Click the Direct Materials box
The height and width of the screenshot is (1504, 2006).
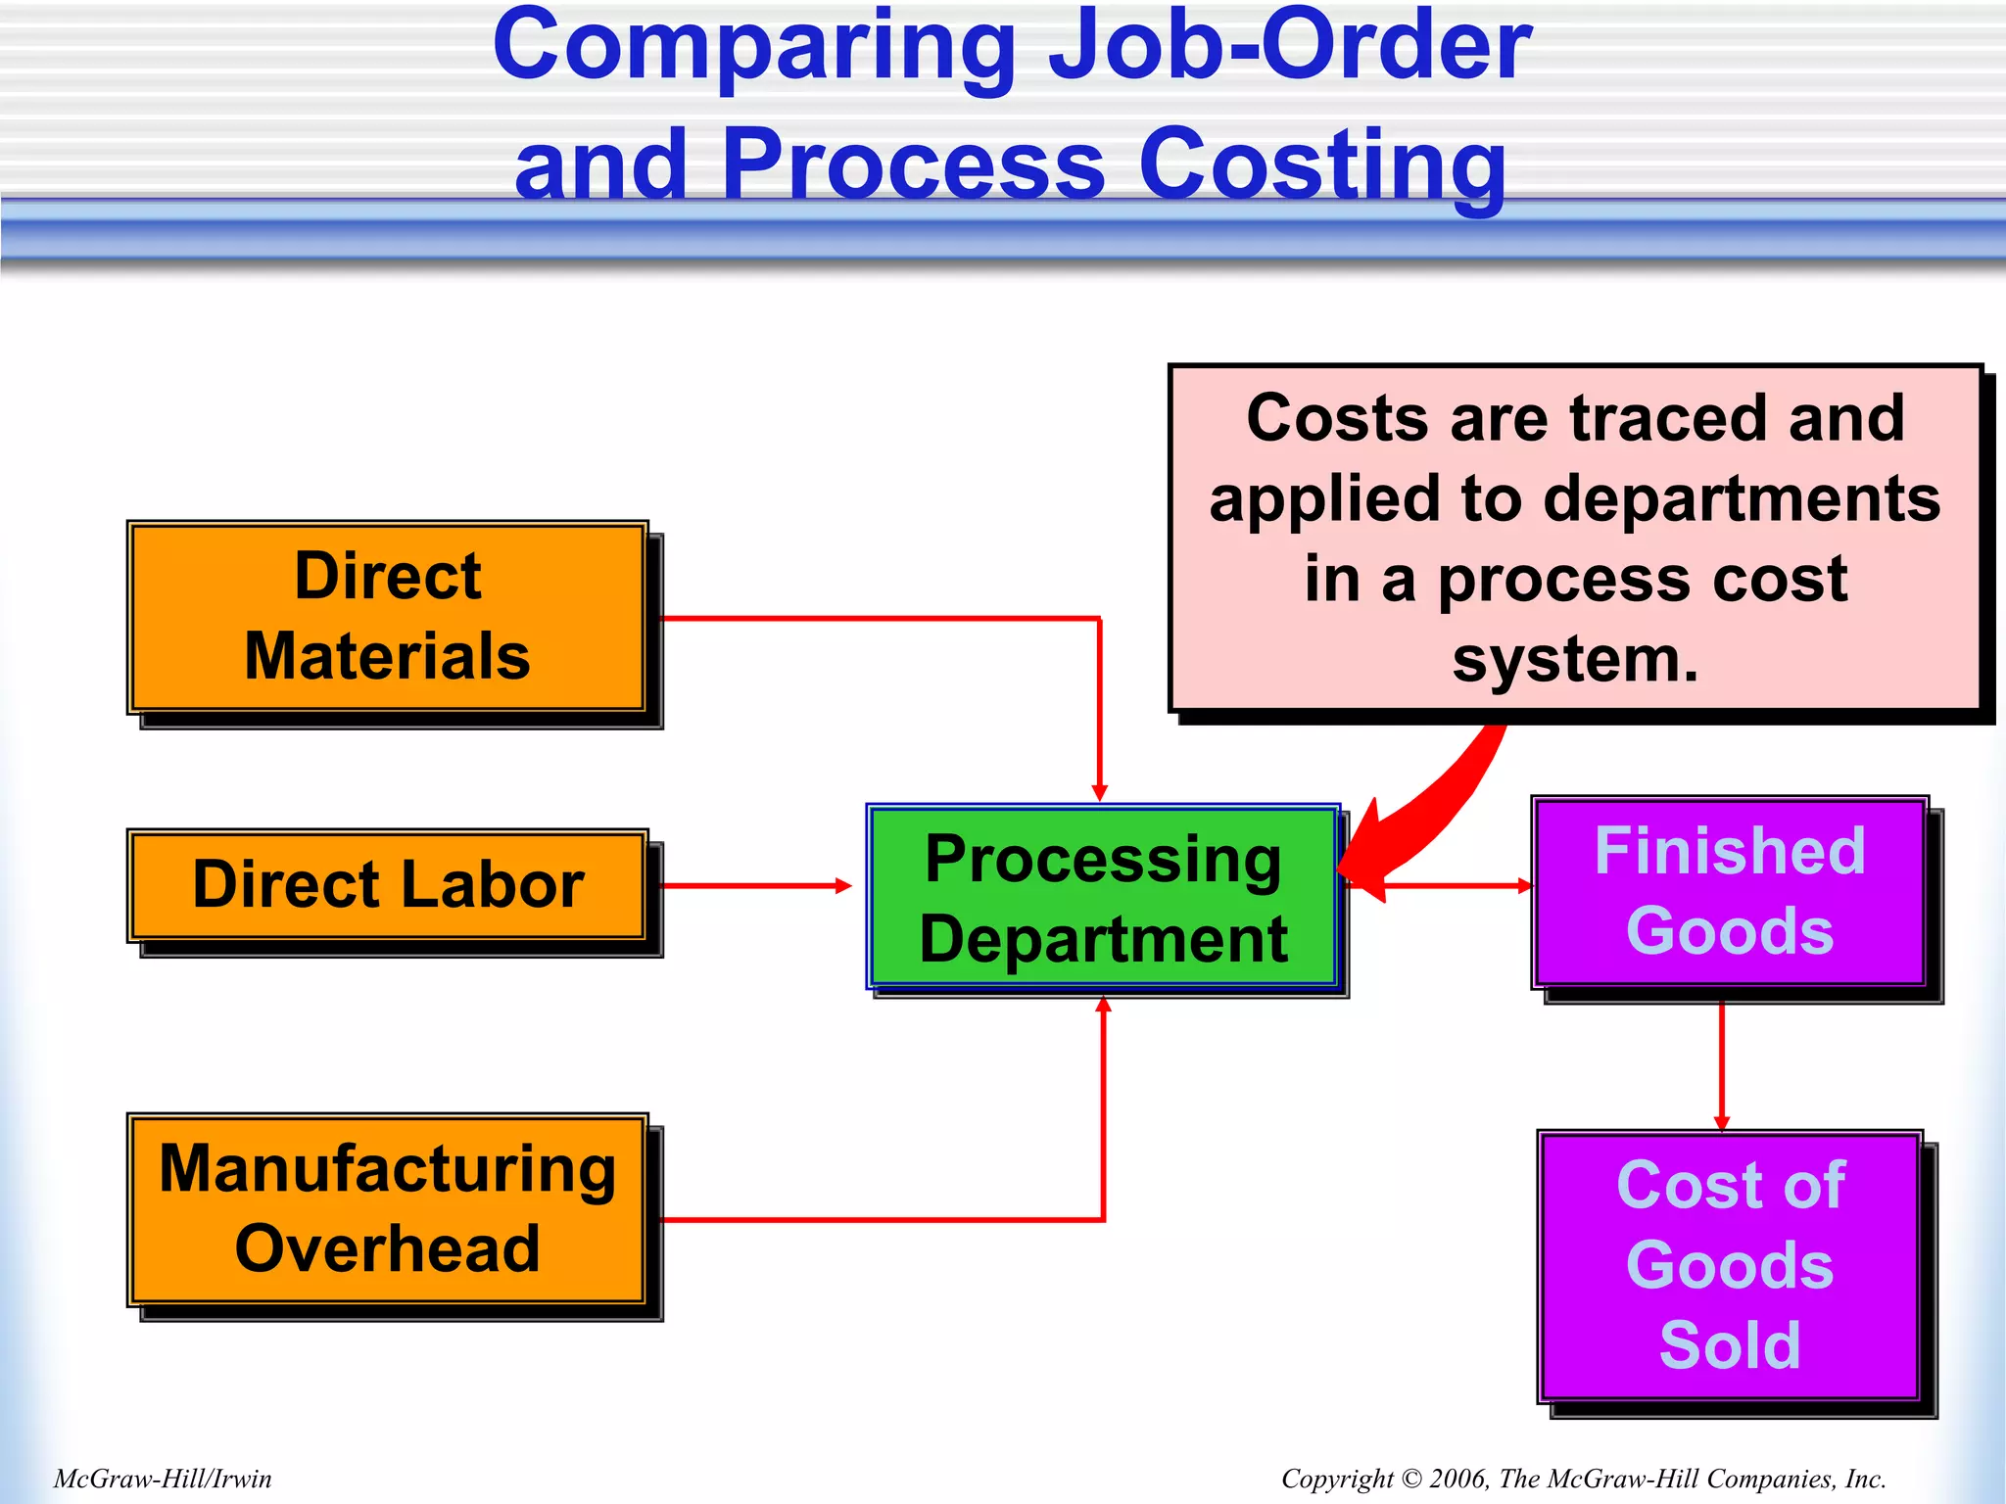(387, 617)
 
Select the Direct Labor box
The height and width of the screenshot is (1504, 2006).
(387, 885)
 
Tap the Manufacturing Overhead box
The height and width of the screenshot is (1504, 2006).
(387, 1209)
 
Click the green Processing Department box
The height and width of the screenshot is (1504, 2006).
(1103, 898)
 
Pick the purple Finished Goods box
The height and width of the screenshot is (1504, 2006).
(1730, 891)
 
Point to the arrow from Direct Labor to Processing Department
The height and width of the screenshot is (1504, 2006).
(754, 886)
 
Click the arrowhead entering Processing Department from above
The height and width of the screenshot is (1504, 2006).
(1100, 791)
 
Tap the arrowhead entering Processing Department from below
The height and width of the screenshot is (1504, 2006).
(1104, 1006)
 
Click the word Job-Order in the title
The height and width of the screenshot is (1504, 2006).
(1290, 45)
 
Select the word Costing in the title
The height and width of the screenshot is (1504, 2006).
(1322, 164)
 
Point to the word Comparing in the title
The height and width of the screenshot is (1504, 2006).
(754, 47)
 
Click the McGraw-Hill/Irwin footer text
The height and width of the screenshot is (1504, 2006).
(163, 1479)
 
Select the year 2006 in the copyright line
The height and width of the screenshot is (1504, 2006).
(1457, 1479)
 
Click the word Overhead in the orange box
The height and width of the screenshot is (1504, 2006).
(387, 1249)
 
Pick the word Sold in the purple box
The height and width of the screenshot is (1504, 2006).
(1730, 1345)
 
